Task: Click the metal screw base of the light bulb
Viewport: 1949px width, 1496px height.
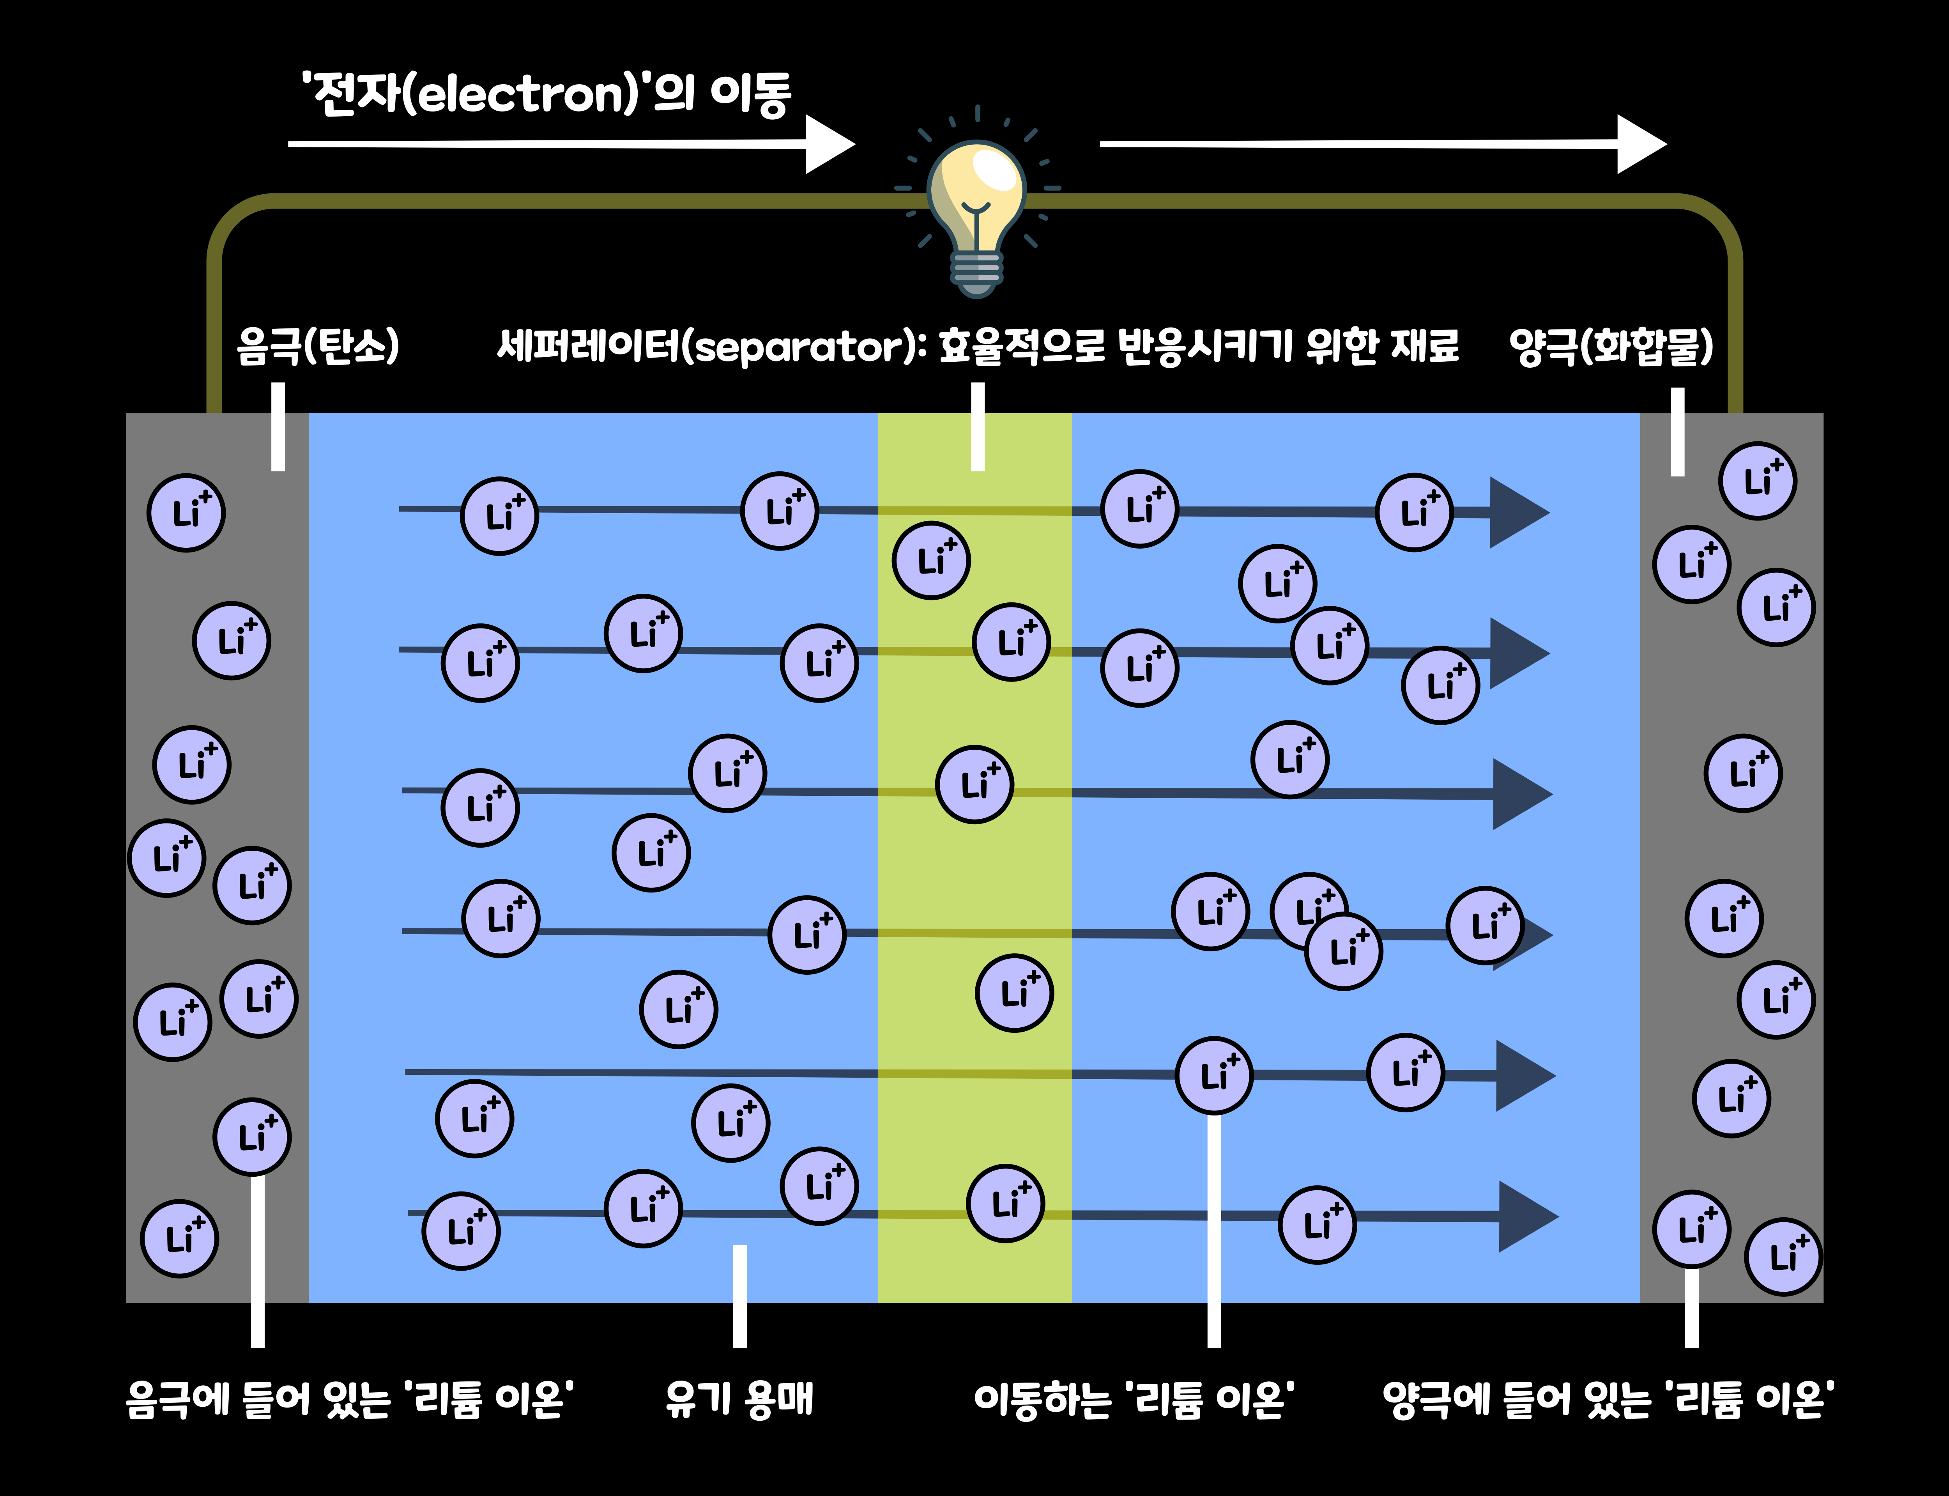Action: [x=977, y=272]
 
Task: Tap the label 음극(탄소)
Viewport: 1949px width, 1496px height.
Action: [x=318, y=346]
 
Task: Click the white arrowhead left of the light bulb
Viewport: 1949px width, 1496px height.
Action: [x=828, y=144]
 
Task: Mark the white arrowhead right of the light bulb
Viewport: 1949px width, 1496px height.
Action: [x=1640, y=144]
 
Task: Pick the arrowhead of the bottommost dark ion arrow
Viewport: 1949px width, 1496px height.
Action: [x=1526, y=1216]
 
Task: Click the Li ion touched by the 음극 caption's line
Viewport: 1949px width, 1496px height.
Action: [x=252, y=1137]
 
